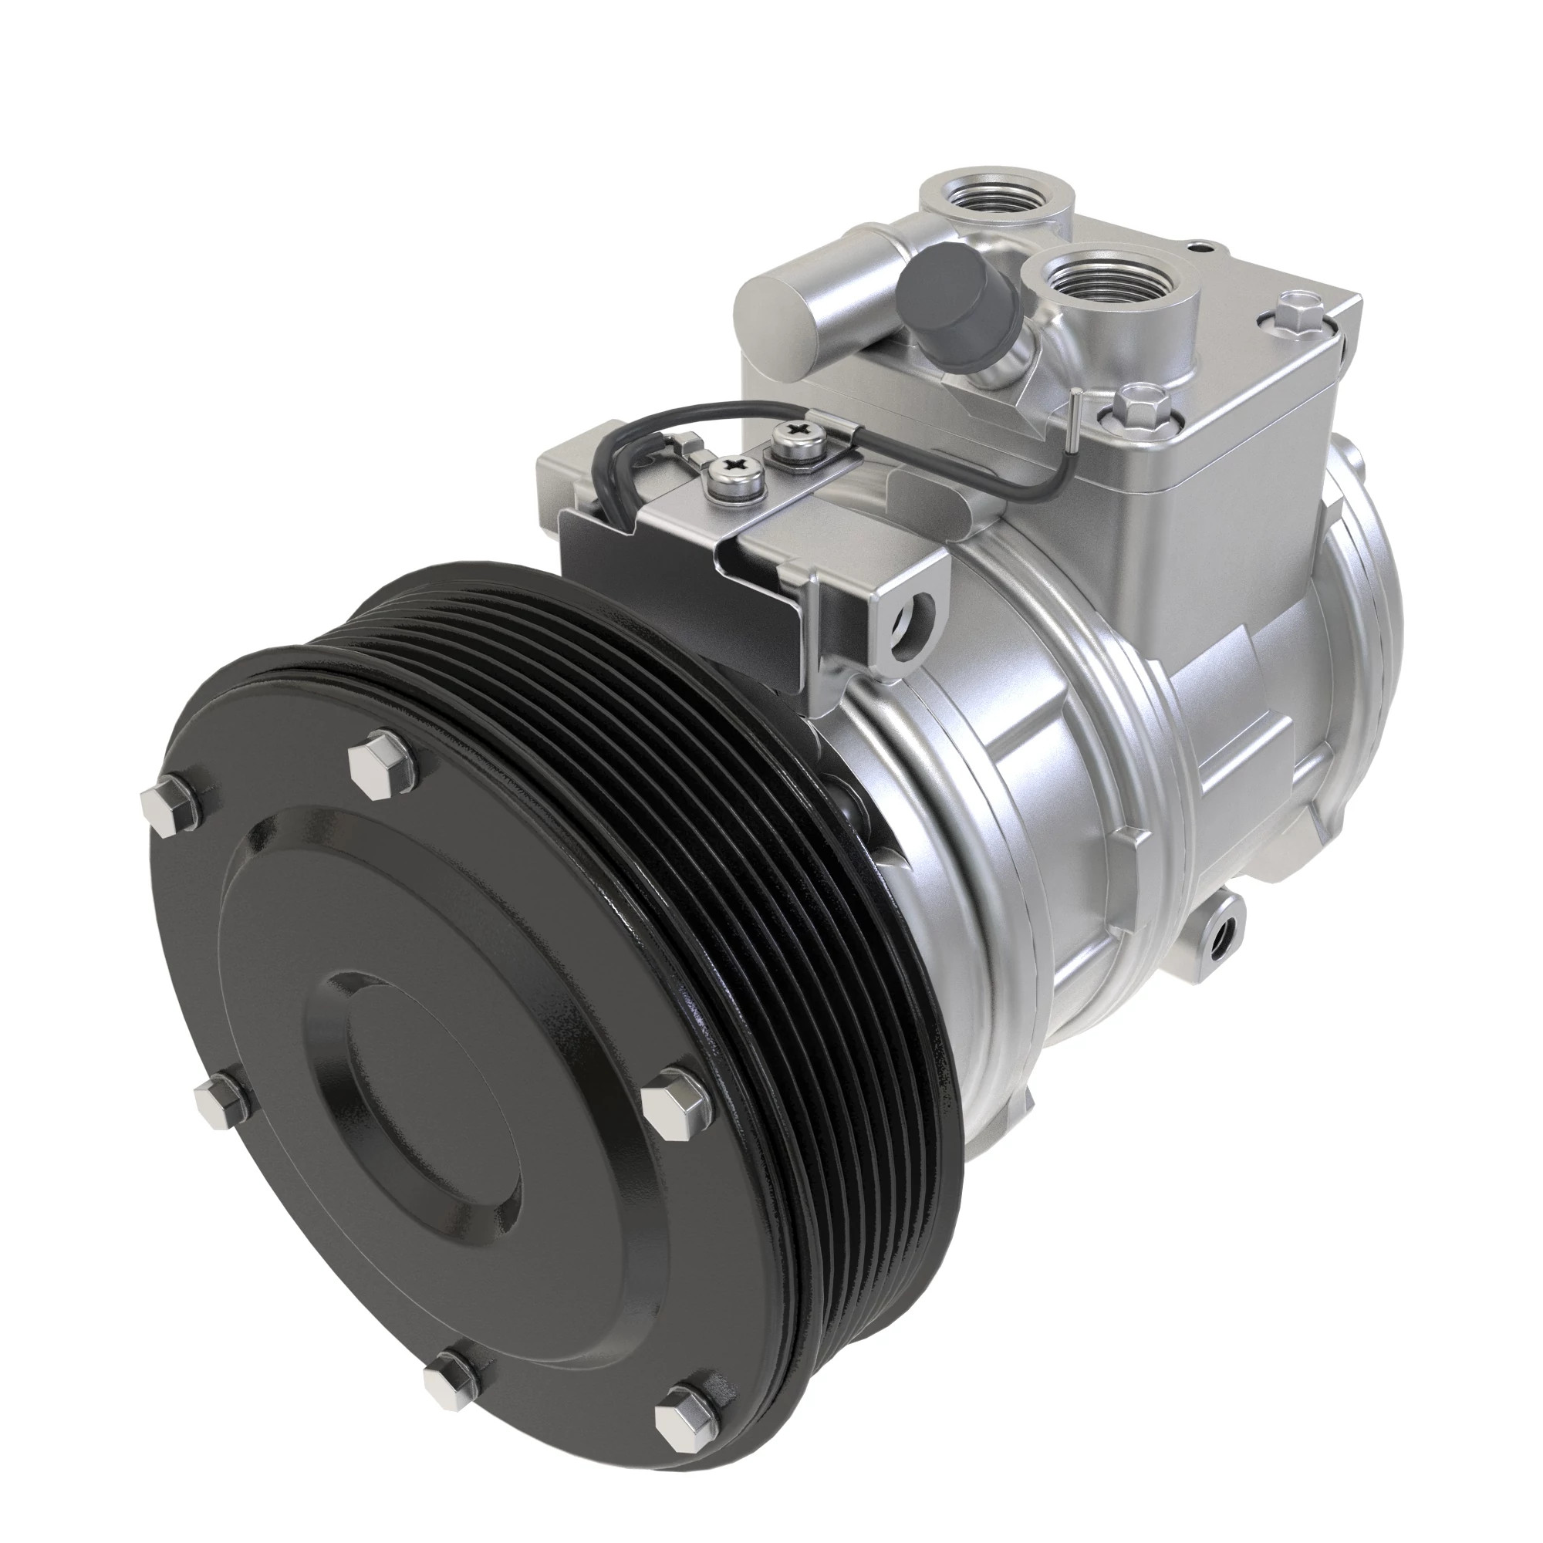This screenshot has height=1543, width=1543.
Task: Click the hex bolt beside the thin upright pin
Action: pos(1137,402)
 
